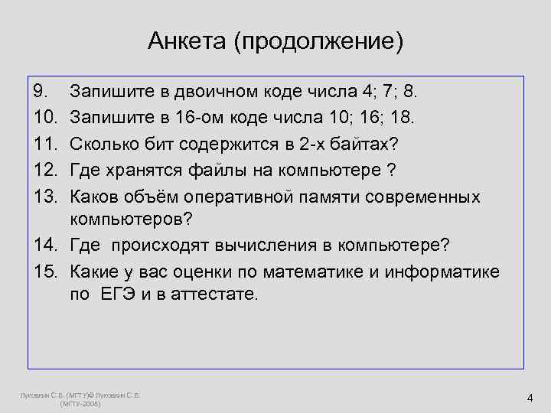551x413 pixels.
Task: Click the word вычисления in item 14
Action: [x=270, y=246]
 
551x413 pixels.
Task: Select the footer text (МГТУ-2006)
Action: [x=80, y=403]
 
